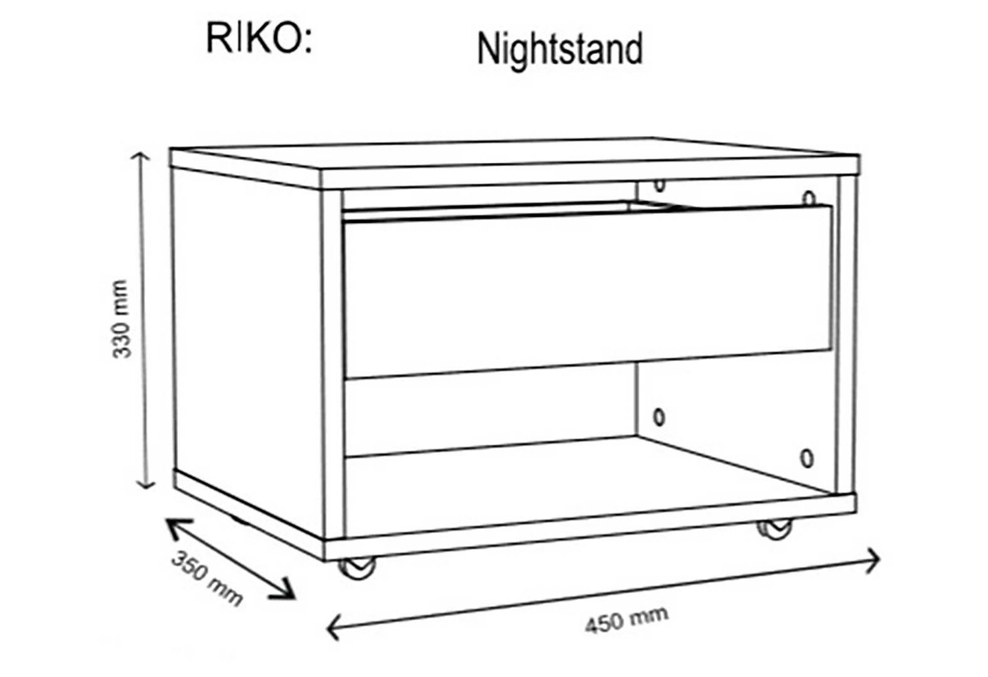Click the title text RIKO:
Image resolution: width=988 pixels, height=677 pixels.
coord(259,39)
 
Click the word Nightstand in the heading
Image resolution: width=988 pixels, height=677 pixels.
coord(559,50)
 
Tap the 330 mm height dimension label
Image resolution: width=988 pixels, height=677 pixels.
coord(120,319)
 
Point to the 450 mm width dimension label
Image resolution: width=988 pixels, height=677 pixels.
coord(627,619)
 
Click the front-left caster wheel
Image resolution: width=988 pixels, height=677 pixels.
coord(357,568)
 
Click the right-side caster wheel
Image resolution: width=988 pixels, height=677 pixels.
coord(774,528)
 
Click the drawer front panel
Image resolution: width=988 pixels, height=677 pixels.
coord(588,291)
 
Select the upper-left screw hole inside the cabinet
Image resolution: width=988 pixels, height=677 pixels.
coord(659,185)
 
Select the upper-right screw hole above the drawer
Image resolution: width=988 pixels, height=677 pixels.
coord(809,198)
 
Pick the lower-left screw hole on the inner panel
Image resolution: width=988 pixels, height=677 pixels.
coord(659,417)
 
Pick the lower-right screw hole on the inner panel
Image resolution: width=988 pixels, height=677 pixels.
coord(807,458)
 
